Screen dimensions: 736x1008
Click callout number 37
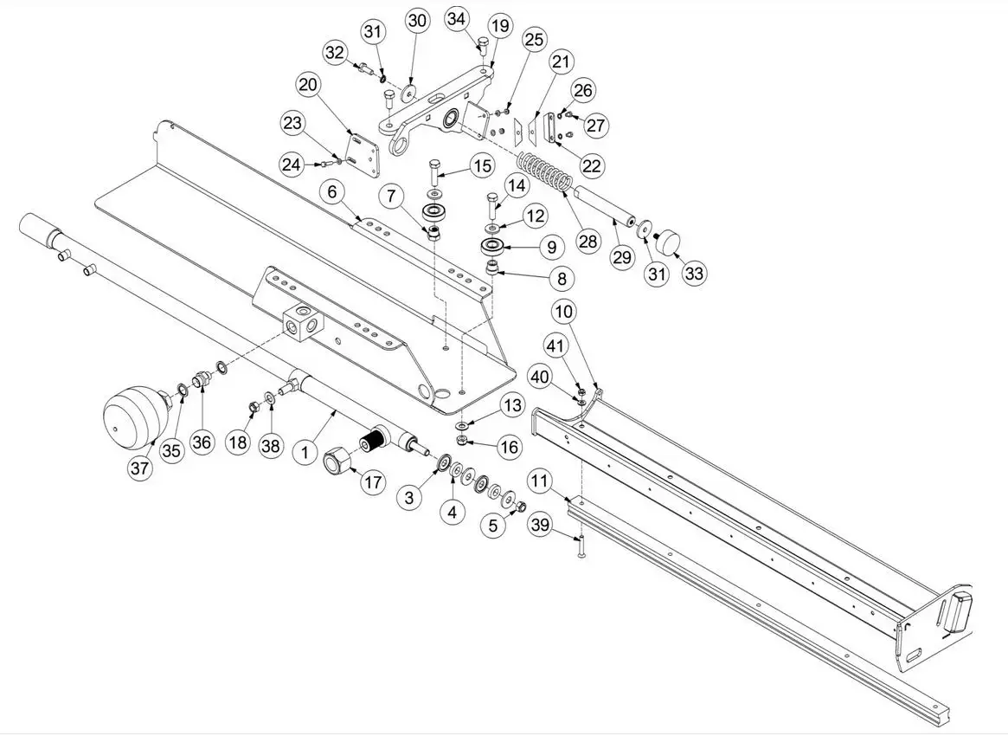click(140, 468)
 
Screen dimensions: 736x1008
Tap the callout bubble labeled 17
click(373, 481)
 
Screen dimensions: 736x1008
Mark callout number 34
click(459, 18)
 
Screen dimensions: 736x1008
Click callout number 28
click(587, 240)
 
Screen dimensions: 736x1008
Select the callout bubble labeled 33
click(694, 273)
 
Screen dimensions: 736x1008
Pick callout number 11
click(541, 481)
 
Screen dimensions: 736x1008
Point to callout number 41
click(555, 347)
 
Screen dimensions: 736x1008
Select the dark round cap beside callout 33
click(668, 241)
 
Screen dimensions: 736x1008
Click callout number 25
click(536, 40)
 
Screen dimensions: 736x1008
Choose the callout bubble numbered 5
click(494, 525)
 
